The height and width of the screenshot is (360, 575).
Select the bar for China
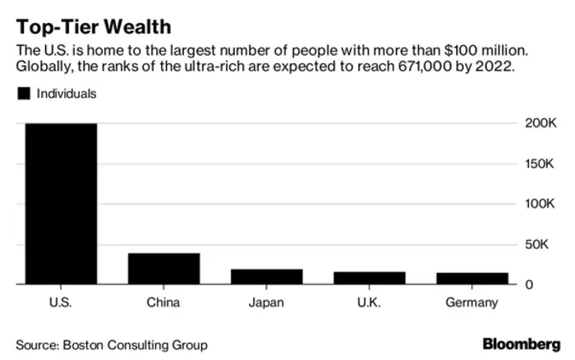(x=163, y=269)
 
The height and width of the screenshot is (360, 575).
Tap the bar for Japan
(x=266, y=276)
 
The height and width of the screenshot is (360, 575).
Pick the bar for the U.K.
(x=369, y=278)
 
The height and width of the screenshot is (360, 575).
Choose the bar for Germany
(x=471, y=279)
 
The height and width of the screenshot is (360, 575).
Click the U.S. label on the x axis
(x=61, y=302)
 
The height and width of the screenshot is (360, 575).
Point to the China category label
(x=163, y=302)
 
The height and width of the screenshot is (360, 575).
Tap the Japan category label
(x=266, y=302)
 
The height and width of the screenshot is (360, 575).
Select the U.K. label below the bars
(x=369, y=302)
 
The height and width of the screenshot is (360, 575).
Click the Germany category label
(x=471, y=302)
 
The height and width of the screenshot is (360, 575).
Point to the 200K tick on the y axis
(x=543, y=123)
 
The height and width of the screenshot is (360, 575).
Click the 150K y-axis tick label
(x=543, y=164)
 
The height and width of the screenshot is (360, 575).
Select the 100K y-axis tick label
(x=543, y=204)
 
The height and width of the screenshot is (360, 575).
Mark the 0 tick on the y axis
(x=530, y=284)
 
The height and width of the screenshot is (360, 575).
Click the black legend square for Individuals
(x=22, y=94)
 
